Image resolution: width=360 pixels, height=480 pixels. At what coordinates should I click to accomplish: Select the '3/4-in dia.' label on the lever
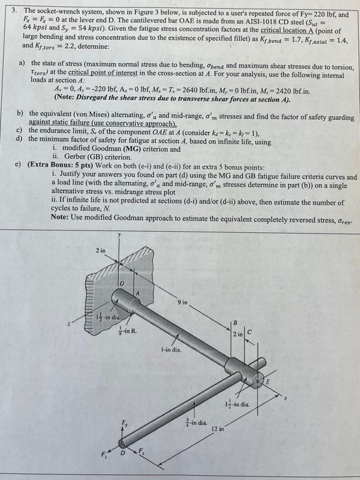[x=198, y=419]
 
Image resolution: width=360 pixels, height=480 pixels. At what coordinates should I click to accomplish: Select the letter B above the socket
[x=233, y=322]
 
